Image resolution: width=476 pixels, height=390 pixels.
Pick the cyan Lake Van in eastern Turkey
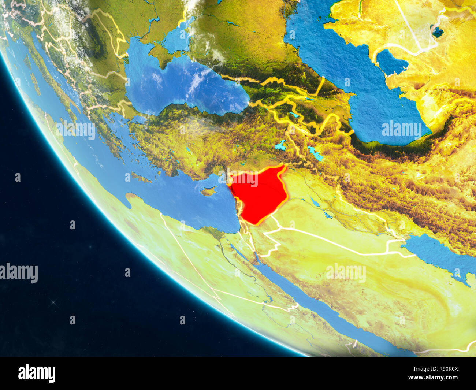click(281, 145)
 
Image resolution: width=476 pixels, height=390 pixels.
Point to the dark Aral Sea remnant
click(437, 32)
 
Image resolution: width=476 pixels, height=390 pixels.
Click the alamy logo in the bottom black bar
click(37, 373)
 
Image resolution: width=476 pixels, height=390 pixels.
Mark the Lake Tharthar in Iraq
click(315, 202)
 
